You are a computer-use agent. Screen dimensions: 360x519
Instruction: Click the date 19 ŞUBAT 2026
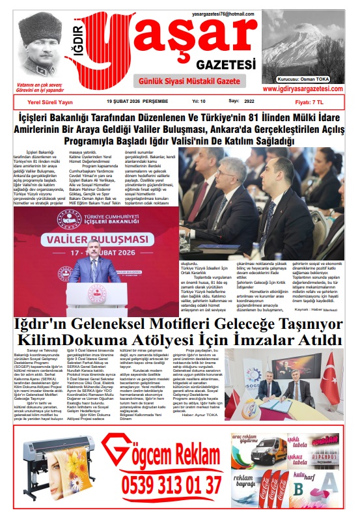click(128, 102)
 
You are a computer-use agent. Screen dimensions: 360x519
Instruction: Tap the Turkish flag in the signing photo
click(333, 376)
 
